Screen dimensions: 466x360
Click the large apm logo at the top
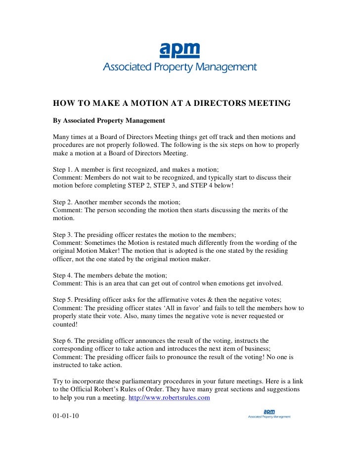180,50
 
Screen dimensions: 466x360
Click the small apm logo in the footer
269,411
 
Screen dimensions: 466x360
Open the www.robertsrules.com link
169,397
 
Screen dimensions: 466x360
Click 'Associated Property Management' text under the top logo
180,67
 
